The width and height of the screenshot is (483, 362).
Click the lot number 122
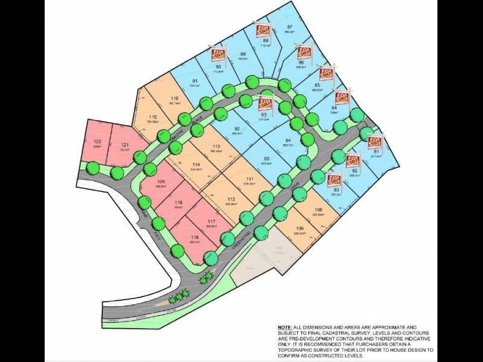(x=97, y=141)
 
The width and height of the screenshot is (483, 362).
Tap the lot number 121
(x=125, y=144)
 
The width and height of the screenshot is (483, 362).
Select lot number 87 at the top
(x=289, y=27)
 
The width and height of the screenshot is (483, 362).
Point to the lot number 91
(x=195, y=81)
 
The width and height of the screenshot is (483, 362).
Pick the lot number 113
(x=216, y=146)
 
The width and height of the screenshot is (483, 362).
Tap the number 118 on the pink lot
(x=194, y=238)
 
